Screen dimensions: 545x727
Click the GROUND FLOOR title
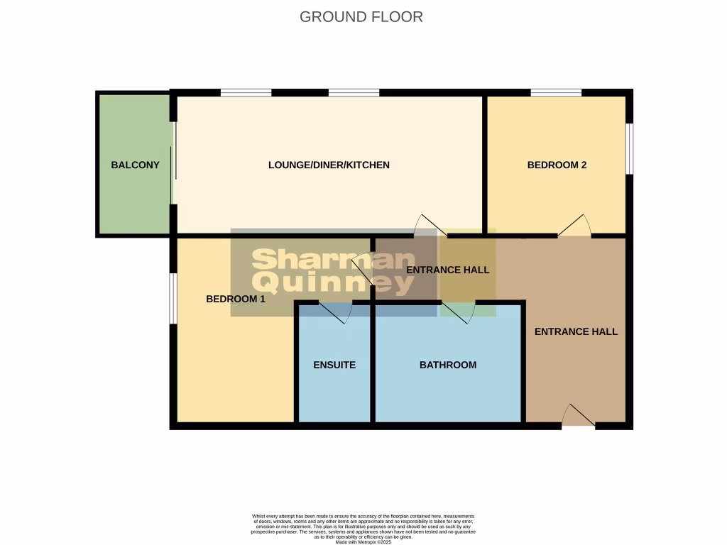(x=361, y=16)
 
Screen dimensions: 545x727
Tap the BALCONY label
(x=135, y=165)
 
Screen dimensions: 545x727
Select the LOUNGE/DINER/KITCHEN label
(x=329, y=165)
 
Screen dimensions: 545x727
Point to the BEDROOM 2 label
(x=557, y=165)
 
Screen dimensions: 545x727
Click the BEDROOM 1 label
(x=235, y=299)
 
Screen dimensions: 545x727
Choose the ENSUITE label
(x=334, y=365)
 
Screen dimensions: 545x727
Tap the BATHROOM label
(x=447, y=365)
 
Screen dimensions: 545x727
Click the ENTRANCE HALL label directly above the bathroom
(x=447, y=270)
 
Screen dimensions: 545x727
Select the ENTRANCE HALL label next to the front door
(x=576, y=331)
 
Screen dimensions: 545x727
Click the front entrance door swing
(x=578, y=416)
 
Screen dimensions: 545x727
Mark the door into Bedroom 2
(x=574, y=226)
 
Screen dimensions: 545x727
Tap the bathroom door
(x=459, y=312)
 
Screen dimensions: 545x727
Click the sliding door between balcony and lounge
(x=174, y=163)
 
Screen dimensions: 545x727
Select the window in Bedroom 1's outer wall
(x=173, y=298)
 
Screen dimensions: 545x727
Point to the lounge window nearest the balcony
(x=246, y=92)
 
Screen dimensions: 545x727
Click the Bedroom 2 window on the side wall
(x=629, y=148)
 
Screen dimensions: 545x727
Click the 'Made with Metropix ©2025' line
(x=363, y=541)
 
